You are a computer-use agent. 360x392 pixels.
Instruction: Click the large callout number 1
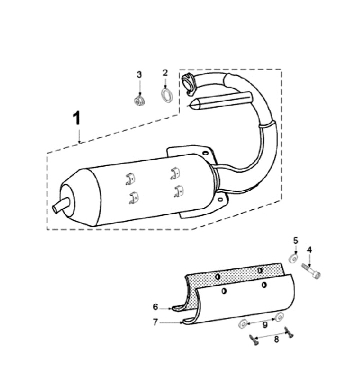(77, 118)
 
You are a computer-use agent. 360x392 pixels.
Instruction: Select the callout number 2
(165, 73)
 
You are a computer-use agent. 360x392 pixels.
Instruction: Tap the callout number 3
(139, 75)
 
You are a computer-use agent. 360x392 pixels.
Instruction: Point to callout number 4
(309, 249)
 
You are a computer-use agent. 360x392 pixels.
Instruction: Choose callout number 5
(295, 241)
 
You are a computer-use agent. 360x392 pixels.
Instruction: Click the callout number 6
(155, 307)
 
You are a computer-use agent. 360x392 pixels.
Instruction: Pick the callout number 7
(155, 322)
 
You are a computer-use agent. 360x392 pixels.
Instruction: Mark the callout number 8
(276, 339)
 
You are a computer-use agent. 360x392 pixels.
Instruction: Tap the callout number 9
(265, 325)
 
